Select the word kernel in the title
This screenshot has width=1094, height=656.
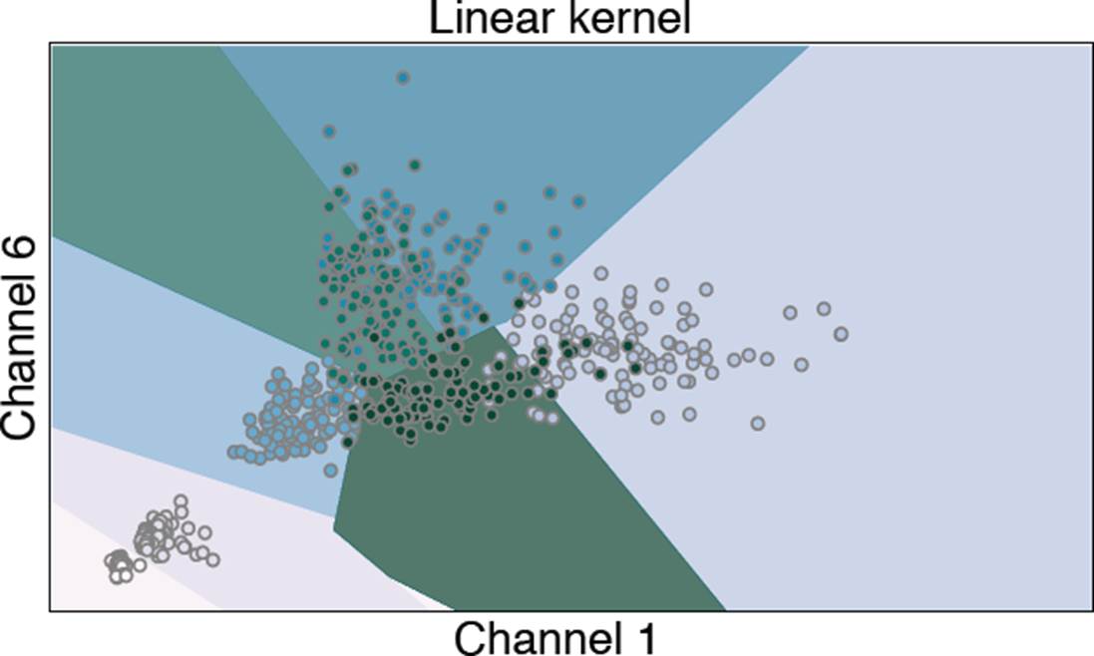pyautogui.click(x=627, y=19)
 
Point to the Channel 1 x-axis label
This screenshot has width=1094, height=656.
pyautogui.click(x=555, y=635)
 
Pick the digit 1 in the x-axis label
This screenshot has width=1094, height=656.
pyautogui.click(x=644, y=635)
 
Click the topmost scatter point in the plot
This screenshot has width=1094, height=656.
pyautogui.click(x=403, y=77)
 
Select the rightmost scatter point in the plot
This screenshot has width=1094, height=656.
pyautogui.click(x=841, y=333)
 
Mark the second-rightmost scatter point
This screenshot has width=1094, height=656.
pyautogui.click(x=824, y=309)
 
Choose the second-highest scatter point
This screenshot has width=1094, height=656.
pyautogui.click(x=328, y=131)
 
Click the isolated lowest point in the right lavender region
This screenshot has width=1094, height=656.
pyautogui.click(x=757, y=423)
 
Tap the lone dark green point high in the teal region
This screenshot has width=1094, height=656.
pyautogui.click(x=415, y=164)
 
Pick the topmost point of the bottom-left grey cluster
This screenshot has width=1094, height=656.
pyautogui.click(x=181, y=500)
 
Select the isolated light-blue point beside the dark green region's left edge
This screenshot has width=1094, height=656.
pyautogui.click(x=330, y=469)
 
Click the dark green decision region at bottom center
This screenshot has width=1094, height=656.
pyautogui.click(x=529, y=528)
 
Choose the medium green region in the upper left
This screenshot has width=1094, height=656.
pyautogui.click(x=180, y=179)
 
